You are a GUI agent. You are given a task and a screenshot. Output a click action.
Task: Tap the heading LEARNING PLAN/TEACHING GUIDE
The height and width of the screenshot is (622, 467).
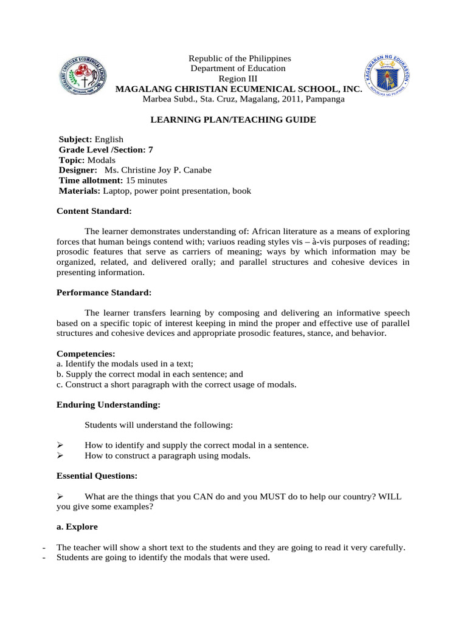(233, 120)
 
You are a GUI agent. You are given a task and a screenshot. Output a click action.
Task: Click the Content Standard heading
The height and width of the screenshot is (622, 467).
(94, 211)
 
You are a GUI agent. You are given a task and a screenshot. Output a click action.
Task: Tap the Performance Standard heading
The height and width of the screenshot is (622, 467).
(104, 293)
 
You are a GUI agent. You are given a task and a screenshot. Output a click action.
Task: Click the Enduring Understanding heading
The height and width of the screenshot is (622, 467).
(109, 405)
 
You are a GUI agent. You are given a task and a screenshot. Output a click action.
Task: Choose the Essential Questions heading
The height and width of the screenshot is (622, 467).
(97, 476)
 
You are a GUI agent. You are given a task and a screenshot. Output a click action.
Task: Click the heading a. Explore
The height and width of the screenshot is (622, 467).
(77, 527)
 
